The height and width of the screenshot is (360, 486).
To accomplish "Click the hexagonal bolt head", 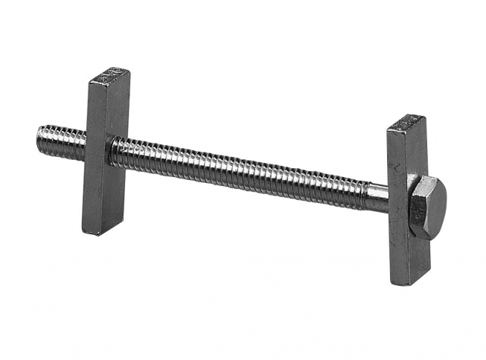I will coord(428,207).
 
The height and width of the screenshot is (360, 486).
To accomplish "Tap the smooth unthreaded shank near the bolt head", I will coord(377,196).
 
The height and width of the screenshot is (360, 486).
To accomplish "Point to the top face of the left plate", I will coord(109,74).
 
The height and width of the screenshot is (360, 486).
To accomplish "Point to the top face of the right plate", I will coord(409,121).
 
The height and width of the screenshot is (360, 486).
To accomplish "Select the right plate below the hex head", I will coord(406,257).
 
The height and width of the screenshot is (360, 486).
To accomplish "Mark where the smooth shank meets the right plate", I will coord(389,198).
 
